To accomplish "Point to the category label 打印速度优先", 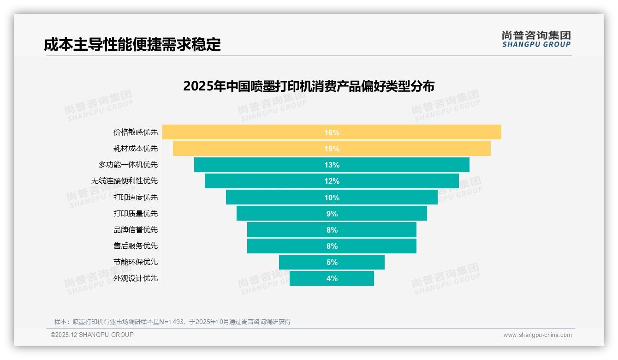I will [136, 197].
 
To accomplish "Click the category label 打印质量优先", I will [136, 213].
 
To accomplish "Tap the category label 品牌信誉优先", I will [136, 229].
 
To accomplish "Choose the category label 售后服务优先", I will [136, 246].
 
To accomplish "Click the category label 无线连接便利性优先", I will [125, 181].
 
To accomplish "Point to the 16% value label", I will [332, 132].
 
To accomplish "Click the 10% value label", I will [332, 198].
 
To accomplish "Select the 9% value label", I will [332, 214].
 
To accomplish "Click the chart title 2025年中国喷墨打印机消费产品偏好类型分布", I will [309, 86].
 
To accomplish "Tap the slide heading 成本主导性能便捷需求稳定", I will [132, 44].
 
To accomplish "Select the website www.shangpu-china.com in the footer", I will [537, 335].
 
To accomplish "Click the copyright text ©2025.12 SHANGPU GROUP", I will [92, 335].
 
